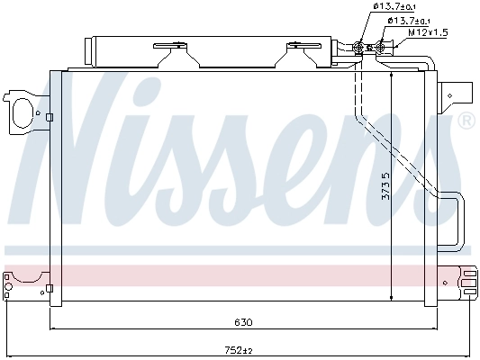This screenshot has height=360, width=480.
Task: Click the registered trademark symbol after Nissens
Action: (x=466, y=121)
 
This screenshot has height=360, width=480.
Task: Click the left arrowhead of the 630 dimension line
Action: (x=54, y=328)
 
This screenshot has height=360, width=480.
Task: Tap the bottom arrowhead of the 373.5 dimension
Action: (x=392, y=299)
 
